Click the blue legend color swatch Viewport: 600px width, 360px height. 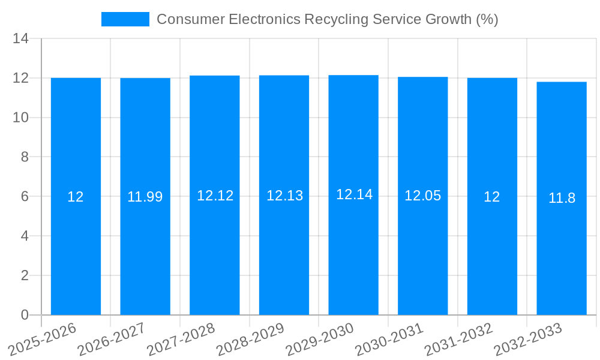(x=125, y=19)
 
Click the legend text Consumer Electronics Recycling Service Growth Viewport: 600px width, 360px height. (x=327, y=19)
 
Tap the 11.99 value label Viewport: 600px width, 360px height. (x=145, y=197)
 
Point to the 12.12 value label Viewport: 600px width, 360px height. (x=215, y=196)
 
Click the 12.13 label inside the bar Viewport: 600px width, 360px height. (x=284, y=196)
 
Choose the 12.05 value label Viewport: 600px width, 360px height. (x=423, y=196)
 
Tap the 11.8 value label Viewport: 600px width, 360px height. (x=562, y=199)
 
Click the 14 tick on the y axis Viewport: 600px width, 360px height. (x=21, y=39)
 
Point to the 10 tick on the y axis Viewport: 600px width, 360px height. (x=21, y=118)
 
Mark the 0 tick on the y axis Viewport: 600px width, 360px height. (x=25, y=315)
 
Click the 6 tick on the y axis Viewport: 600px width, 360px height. (x=25, y=197)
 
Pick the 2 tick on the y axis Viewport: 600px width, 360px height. (x=25, y=276)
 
